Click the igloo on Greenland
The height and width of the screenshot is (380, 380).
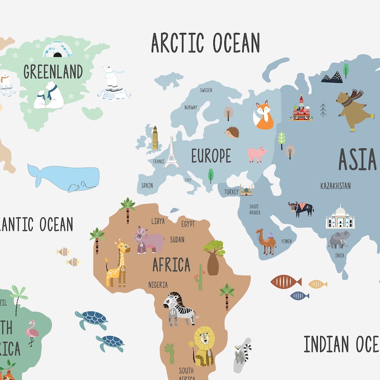click(57, 49)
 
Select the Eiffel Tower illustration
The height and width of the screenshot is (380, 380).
click(171, 153)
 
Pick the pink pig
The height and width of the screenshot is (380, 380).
click(257, 154)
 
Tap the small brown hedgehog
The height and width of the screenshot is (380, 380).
click(233, 133)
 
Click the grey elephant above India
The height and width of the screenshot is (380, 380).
click(339, 239)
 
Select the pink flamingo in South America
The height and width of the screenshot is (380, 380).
click(32, 332)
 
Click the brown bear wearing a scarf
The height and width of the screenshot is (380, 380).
click(354, 110)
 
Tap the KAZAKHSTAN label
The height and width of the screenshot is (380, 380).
click(335, 186)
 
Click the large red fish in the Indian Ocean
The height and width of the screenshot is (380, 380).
click(286, 281)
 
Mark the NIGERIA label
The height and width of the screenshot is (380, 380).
click(158, 285)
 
